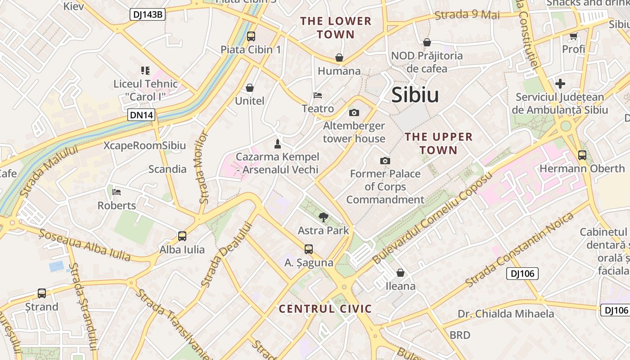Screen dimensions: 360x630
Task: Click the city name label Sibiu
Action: point(415,95)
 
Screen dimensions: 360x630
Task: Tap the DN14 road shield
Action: point(142,115)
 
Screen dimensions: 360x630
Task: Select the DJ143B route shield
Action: point(148,14)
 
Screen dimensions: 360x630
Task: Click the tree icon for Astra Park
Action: point(323,218)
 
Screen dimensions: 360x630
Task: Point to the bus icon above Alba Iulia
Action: point(182,236)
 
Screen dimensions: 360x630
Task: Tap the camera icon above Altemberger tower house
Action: point(354,112)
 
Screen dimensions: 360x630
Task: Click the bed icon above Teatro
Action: point(318,95)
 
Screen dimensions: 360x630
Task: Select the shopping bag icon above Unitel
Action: point(250,88)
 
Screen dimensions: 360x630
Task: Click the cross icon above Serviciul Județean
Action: point(560,84)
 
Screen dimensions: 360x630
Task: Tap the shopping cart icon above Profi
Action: point(573,36)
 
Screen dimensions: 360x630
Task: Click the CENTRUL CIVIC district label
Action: point(325,309)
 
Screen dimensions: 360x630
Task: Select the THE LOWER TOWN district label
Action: point(336,27)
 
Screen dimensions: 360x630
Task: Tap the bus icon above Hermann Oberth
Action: point(582,155)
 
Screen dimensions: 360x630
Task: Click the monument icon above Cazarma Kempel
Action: point(278,144)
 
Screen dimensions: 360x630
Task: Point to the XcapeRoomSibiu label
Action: point(144,145)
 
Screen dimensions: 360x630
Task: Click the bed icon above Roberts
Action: point(117,192)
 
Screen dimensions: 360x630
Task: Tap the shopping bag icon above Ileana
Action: point(400,273)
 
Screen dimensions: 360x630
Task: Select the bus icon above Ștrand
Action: point(42,293)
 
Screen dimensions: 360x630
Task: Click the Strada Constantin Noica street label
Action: point(520,250)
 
